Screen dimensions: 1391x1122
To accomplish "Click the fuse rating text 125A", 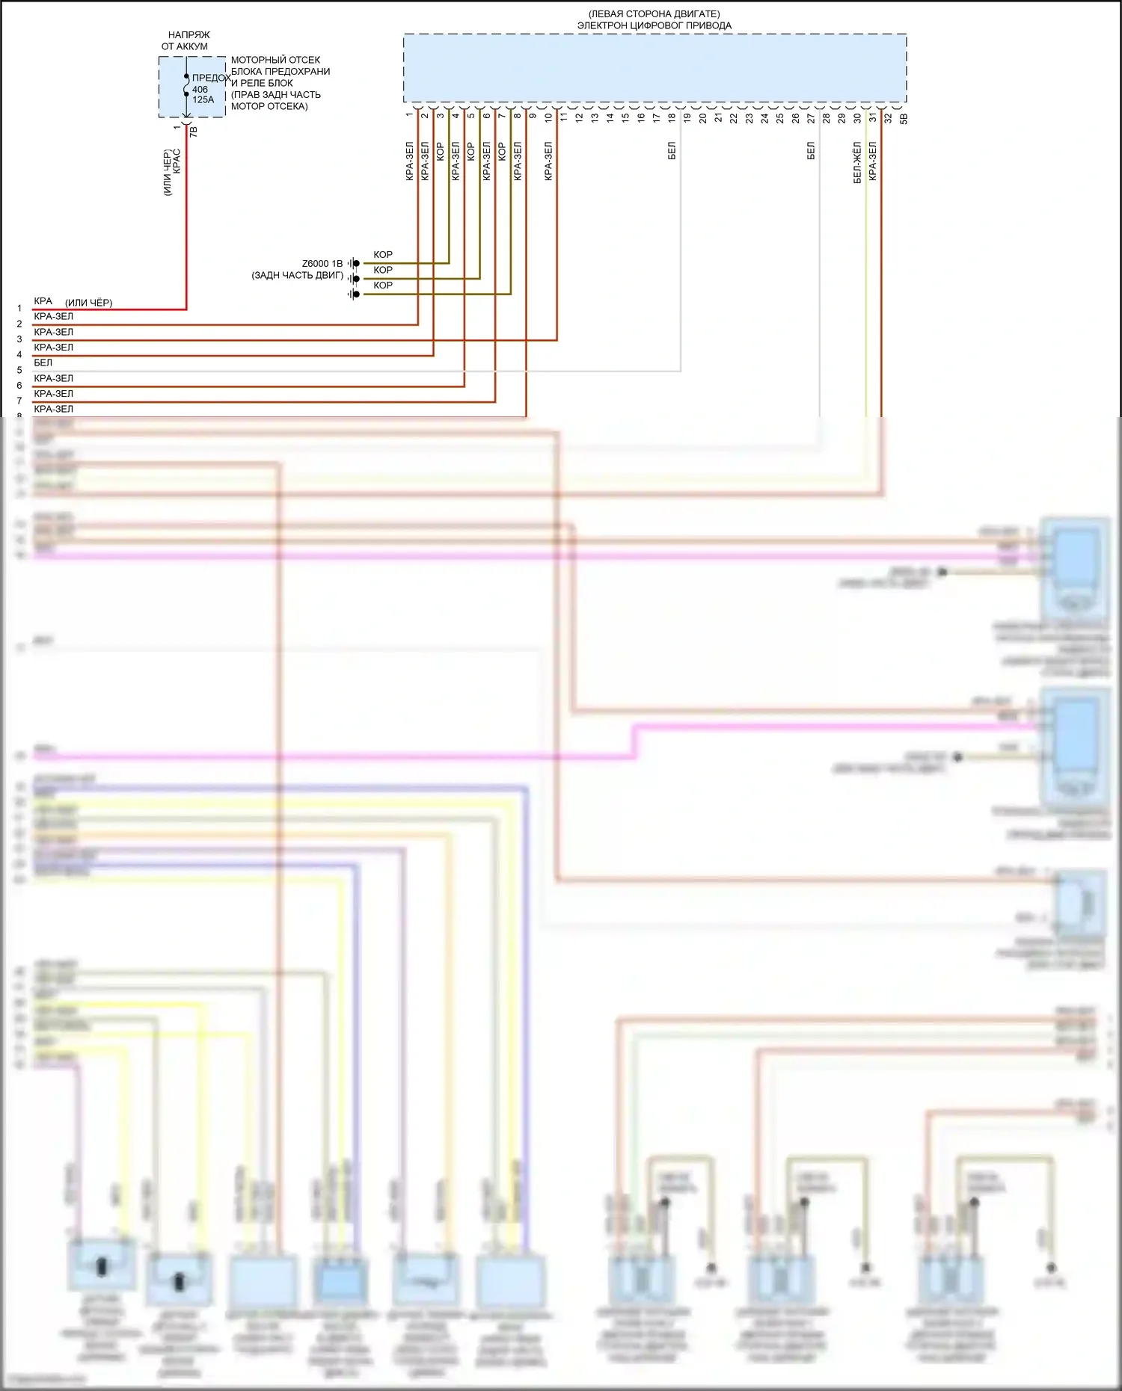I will coord(203,99).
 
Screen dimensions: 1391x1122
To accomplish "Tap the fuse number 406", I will coord(200,89).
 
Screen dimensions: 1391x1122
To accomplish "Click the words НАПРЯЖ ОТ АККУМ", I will coord(186,40).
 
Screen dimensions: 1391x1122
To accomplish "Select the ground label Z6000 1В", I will coord(322,264).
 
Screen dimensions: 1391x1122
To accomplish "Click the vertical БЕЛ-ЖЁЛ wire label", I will coord(857,163).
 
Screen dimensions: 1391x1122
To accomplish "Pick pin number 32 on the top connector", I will coord(888,117).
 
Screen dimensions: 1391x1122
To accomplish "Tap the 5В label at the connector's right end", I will coord(904,118).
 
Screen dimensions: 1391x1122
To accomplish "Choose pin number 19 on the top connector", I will coord(687,117).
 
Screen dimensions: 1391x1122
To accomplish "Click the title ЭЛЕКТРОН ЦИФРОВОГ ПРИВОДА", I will coord(654,25).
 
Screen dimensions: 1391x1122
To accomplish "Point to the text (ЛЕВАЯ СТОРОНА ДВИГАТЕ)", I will coord(654,14).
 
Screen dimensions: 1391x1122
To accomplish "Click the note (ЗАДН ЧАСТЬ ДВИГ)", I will coord(298,275).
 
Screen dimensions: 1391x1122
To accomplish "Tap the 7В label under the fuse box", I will coord(193,131).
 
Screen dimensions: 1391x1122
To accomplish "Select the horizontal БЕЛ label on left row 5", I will coord(43,363).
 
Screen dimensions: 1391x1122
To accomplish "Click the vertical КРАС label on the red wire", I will coord(177,162).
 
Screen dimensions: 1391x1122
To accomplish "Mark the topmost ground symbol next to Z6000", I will coord(354,264).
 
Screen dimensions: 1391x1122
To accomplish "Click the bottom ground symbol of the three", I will coord(354,294).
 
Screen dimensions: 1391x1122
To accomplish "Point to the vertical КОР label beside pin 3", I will coord(440,152).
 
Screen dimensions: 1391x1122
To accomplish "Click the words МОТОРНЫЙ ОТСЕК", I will coord(275,60).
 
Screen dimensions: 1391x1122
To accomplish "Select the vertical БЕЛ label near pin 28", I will coord(811,152).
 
